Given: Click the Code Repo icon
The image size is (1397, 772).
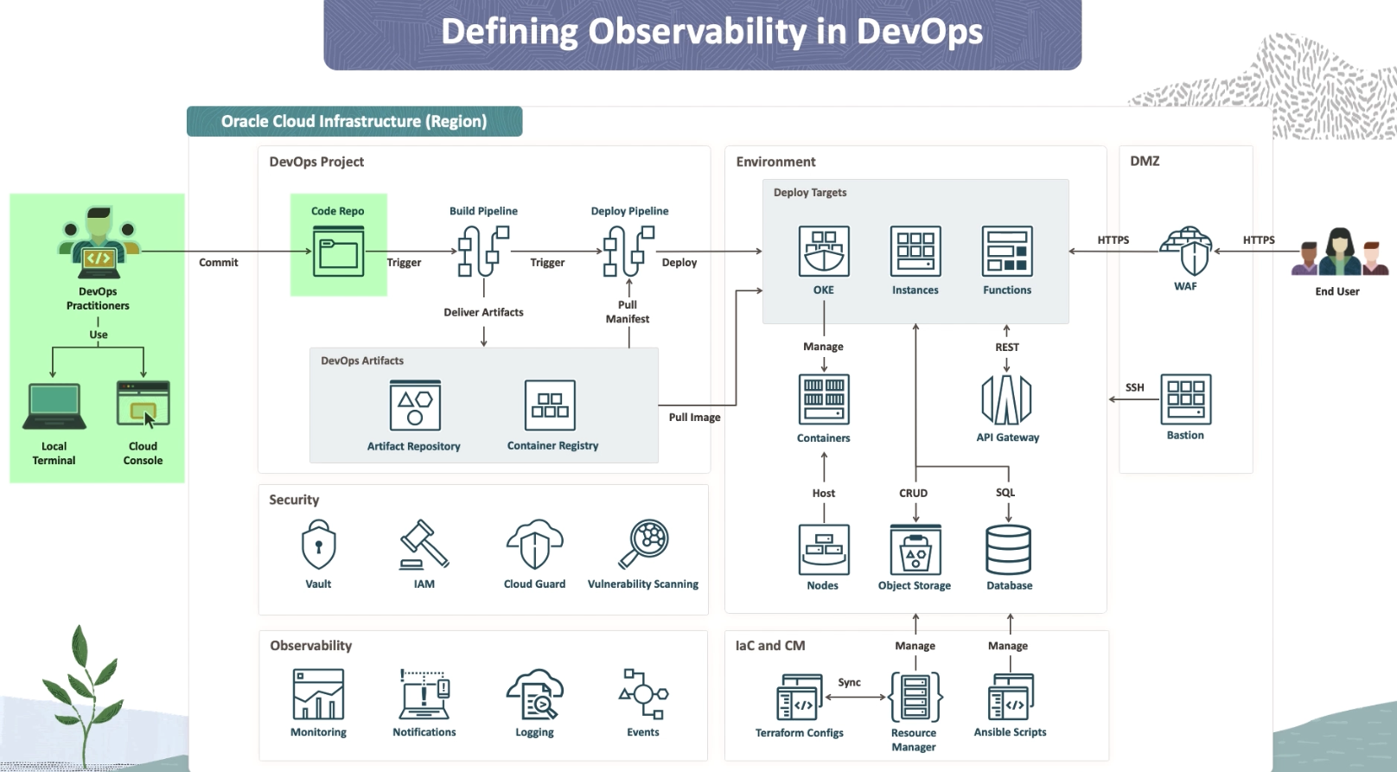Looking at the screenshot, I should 338,251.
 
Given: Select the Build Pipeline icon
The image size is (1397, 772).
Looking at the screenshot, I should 483,251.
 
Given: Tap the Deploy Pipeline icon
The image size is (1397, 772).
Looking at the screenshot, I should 628,251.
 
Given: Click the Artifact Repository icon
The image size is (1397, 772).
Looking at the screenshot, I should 415,405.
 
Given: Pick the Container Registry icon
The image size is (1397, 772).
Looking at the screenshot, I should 550,405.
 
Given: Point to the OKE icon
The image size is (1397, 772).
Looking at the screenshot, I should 824,251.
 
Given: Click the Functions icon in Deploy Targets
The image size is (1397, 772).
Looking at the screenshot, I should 1007,251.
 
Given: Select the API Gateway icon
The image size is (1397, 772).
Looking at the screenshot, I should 1006,400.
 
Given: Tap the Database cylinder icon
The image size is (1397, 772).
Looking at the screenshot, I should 1008,550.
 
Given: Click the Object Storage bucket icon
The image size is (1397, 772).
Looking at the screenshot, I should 915,550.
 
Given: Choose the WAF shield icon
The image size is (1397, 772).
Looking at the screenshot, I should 1186,251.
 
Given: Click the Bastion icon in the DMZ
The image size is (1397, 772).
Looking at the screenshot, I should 1185,399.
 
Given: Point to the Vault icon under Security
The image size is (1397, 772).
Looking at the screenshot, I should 318,545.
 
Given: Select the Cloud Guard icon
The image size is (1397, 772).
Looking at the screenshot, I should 534,545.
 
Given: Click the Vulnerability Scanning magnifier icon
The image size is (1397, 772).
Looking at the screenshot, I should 644,543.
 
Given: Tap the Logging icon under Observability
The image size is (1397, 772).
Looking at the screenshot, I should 534,694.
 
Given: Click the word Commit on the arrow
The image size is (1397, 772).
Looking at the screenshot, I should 218,263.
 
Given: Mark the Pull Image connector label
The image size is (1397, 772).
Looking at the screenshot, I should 694,418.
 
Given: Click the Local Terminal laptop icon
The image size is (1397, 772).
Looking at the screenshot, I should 54,406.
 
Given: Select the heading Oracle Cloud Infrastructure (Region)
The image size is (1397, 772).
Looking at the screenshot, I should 354,122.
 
